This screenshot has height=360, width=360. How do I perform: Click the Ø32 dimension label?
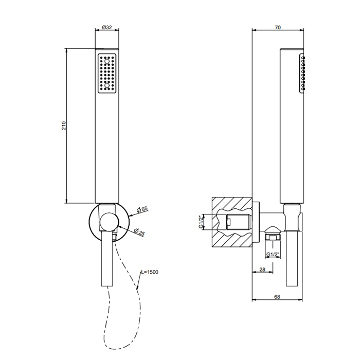pyautogui.click(x=107, y=27)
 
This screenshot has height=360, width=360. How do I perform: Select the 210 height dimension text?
pyautogui.click(x=64, y=125)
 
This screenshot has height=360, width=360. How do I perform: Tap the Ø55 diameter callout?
pyautogui.click(x=142, y=209)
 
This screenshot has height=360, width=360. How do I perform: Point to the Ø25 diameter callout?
pyautogui.click(x=139, y=232)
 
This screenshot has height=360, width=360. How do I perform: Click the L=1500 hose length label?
pyautogui.click(x=150, y=272)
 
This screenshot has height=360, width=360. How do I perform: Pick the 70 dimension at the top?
pyautogui.click(x=278, y=27)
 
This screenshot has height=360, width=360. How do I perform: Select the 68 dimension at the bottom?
pyautogui.click(x=277, y=297)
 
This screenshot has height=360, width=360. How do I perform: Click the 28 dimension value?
pyautogui.click(x=262, y=269)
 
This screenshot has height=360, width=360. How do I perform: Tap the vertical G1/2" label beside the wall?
pyautogui.click(x=201, y=222)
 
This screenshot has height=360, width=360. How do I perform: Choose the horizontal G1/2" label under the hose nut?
pyautogui.click(x=273, y=255)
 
